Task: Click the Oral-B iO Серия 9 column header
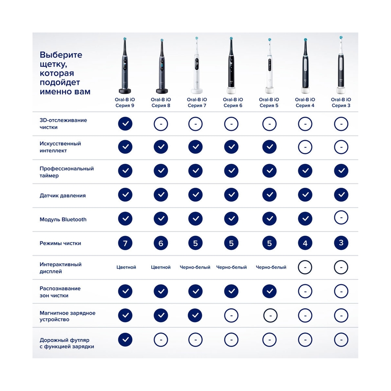pos(125,102)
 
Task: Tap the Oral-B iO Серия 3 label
pos(341,102)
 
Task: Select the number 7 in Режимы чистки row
pos(125,243)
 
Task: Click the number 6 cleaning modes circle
pos(161,243)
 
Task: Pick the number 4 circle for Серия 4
pos(305,243)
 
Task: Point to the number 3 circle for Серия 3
pos(341,243)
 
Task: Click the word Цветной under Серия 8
pos(161,267)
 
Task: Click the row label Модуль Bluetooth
pos(63,219)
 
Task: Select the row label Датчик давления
pos(63,195)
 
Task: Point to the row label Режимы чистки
pos(60,243)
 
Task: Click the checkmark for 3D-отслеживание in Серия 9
pos(125,124)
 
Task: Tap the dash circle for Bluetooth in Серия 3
pos(341,217)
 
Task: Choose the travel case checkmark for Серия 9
pos(125,340)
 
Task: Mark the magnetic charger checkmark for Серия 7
pos(195,315)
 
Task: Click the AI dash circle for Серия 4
pos(305,147)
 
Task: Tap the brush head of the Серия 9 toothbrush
pos(125,39)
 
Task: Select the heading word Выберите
pos(61,55)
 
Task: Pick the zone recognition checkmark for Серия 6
pos(231,291)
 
